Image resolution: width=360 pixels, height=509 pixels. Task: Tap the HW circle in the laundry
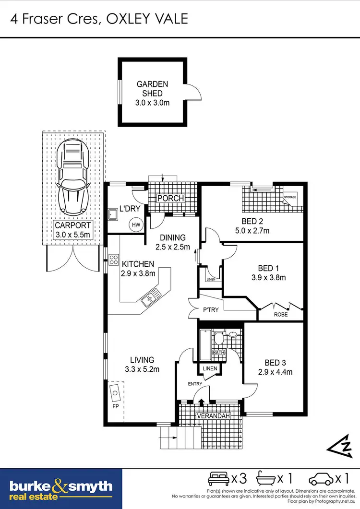point(136,225)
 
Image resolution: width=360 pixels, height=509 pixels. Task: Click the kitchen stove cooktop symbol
point(114,260)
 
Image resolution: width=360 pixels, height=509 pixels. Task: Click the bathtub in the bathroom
point(205,345)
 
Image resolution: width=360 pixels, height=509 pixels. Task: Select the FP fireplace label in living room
point(115,406)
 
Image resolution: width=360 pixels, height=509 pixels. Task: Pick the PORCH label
point(171,199)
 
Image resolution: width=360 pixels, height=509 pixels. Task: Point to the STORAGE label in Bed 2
point(290,197)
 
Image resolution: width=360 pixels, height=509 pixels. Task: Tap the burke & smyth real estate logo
point(61,489)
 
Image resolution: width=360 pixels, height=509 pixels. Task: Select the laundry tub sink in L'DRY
point(113,214)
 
